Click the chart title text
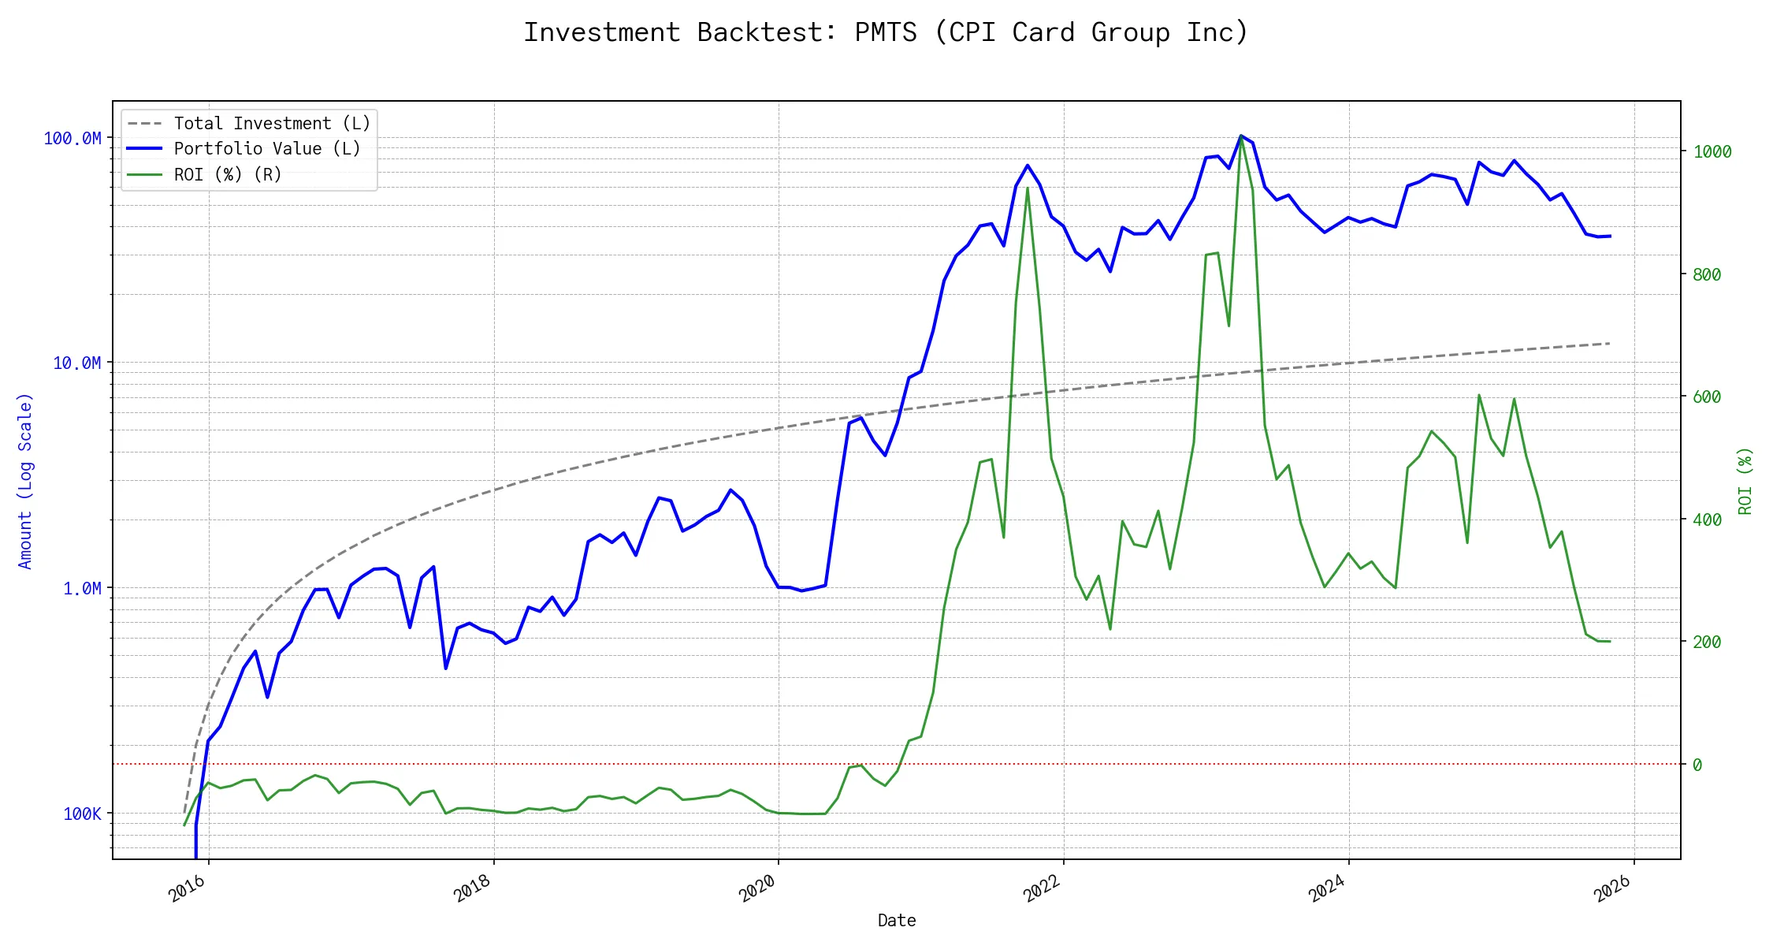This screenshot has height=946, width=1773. coord(886,32)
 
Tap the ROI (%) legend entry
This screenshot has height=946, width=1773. coord(228,174)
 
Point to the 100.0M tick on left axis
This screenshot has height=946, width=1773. coord(72,139)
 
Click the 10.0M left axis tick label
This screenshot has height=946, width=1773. coord(77,363)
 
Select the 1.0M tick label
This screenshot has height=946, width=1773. coord(82,589)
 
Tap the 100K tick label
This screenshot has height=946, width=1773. coord(82,814)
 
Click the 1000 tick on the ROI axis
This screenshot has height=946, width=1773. coord(1712,152)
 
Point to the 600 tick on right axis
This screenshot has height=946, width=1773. coord(1707,397)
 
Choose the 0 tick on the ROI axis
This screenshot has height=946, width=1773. coord(1697,765)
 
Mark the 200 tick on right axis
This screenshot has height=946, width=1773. coord(1707,642)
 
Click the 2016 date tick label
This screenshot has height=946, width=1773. coord(188,889)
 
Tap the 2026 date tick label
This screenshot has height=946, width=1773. coord(1612,889)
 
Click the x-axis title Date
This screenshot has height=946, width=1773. coord(897,921)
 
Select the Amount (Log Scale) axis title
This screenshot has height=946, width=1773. coord(25,481)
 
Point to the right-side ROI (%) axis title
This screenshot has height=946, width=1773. coord(1745,481)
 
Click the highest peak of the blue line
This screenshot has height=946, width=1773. coord(1240,136)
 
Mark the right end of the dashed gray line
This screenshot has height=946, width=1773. coord(1609,344)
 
